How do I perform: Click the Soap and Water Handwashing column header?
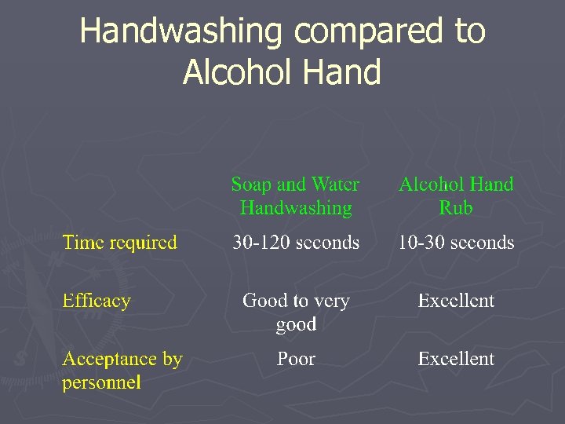click(295, 196)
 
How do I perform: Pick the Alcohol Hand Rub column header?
click(456, 196)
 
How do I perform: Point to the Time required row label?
click(120, 243)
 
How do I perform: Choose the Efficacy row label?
click(97, 301)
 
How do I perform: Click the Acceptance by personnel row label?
click(122, 371)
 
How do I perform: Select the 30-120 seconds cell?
click(296, 243)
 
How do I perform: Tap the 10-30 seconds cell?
click(456, 243)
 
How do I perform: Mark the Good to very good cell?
click(296, 312)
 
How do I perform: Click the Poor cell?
click(296, 360)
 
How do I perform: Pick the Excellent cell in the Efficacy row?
click(456, 301)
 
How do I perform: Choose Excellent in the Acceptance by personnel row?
click(456, 360)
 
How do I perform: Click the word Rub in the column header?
click(456, 208)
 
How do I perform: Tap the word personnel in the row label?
click(102, 383)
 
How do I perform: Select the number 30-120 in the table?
click(260, 243)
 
